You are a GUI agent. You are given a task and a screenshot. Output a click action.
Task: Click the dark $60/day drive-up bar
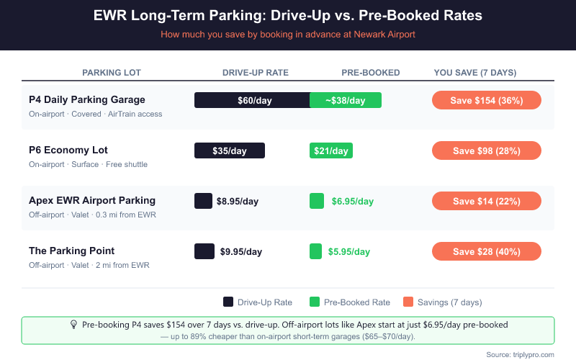tap(252, 100)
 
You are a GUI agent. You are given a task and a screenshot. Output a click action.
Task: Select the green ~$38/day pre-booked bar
tap(346, 100)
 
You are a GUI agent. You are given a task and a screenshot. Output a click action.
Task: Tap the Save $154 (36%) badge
tap(486, 100)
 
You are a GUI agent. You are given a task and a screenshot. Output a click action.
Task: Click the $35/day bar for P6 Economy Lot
tap(230, 150)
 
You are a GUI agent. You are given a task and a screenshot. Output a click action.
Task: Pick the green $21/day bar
tap(330, 150)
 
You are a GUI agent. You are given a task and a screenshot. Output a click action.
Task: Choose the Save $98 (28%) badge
tap(486, 150)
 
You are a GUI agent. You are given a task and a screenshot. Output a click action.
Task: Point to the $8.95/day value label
tap(238, 201)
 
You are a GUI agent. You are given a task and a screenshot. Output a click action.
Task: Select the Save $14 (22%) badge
tap(486, 201)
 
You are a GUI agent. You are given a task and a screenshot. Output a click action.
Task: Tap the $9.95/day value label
tap(239, 251)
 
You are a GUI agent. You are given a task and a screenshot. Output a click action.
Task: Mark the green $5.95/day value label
tap(349, 251)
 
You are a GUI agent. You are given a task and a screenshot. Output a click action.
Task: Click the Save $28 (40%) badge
tap(486, 251)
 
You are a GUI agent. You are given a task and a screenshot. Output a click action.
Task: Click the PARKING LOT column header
tap(112, 73)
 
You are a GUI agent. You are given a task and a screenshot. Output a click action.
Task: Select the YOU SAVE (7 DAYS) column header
tap(475, 73)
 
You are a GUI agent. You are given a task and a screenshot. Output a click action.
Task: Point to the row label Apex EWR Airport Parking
tap(92, 200)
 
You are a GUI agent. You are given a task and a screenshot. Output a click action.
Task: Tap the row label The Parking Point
tap(72, 251)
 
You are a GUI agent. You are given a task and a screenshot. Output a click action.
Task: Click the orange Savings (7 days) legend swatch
tap(408, 302)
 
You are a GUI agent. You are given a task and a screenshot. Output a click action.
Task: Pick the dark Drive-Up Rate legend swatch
tap(228, 302)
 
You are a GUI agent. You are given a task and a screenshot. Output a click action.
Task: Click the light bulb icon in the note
tap(73, 325)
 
